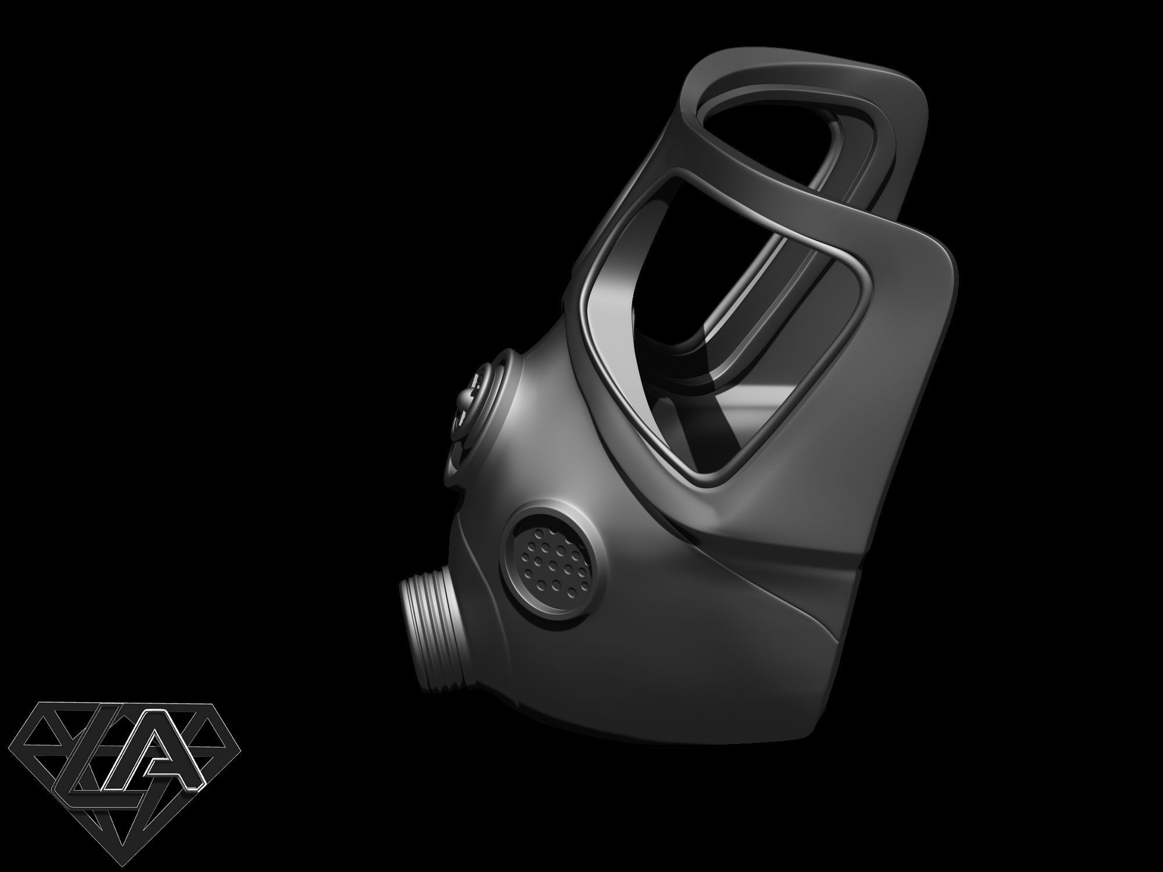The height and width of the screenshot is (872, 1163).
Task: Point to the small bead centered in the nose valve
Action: pos(465,401)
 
